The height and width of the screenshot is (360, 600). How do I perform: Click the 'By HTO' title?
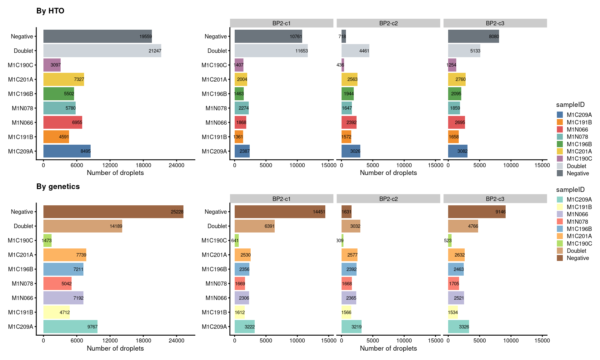pos(50,11)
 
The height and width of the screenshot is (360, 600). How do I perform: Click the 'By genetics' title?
pos(58,187)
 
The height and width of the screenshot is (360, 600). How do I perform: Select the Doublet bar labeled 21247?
pos(102,51)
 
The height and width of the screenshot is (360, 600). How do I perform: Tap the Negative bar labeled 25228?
pos(113,212)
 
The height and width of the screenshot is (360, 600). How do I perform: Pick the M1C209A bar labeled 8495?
pos(67,151)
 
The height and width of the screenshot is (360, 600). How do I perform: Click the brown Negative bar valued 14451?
pos(280,212)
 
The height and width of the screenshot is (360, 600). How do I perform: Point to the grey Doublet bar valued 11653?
pos(271,51)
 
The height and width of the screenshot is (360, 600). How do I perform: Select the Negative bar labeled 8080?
pos(473,36)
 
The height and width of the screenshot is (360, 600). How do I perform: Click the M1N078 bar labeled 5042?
pos(57,283)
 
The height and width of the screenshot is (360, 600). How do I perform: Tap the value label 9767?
pos(92,327)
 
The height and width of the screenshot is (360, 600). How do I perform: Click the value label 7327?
pos(79,79)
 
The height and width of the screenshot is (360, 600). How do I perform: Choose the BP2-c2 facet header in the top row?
pos(388,23)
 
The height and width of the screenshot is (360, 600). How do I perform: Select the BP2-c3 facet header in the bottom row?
pos(495,199)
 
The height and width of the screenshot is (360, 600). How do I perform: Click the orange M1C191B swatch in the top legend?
pos(560,122)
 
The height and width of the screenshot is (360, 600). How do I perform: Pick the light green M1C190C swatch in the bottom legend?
pos(560,243)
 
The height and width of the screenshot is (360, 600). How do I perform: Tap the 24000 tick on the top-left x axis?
pos(176,165)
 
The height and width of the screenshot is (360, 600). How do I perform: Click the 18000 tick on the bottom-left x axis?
pos(143,341)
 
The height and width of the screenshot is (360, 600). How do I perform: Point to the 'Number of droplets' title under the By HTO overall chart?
pos(115,173)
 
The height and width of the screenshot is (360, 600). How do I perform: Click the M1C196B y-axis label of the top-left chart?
pos(21,94)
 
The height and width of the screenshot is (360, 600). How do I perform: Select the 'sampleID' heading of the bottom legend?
pos(570,190)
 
